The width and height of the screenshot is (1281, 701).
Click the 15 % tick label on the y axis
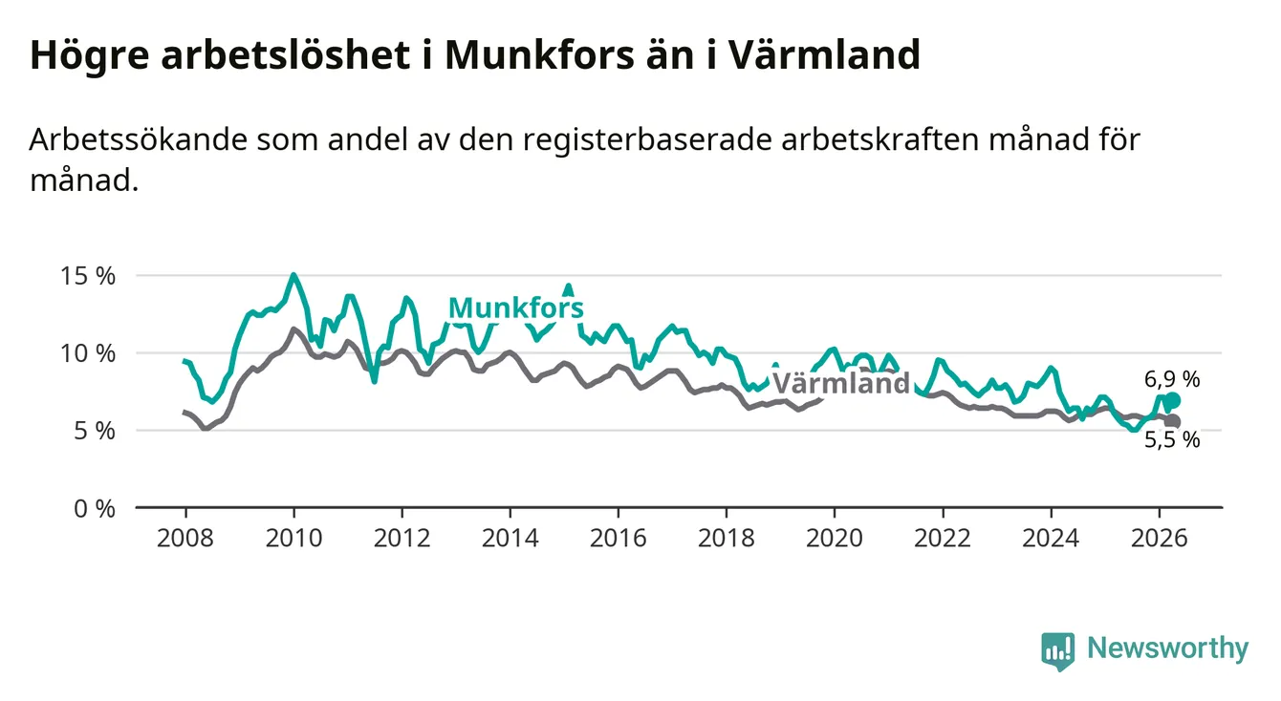pyautogui.click(x=88, y=276)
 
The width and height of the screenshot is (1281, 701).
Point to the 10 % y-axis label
pyautogui.click(x=88, y=353)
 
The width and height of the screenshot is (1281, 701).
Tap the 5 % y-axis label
pyautogui.click(x=95, y=432)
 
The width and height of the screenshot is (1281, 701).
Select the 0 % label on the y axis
pyautogui.click(x=95, y=508)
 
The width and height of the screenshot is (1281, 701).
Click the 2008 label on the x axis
pyautogui.click(x=185, y=539)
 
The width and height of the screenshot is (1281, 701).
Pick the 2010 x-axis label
pyautogui.click(x=293, y=539)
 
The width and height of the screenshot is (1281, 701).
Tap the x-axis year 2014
pyautogui.click(x=510, y=539)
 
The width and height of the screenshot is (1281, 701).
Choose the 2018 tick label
pyautogui.click(x=727, y=539)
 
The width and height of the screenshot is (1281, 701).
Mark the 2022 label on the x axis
pyautogui.click(x=943, y=539)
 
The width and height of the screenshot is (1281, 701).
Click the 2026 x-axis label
pyautogui.click(x=1160, y=539)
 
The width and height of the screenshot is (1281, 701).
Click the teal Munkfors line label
pyautogui.click(x=516, y=308)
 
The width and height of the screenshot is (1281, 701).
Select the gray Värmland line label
pyautogui.click(x=841, y=382)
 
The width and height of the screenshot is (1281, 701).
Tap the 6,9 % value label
pyautogui.click(x=1172, y=379)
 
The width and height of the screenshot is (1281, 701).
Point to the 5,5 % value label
pyautogui.click(x=1172, y=440)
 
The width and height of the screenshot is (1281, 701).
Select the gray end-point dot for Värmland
pyautogui.click(x=1173, y=422)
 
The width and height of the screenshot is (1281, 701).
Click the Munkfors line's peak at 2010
pyautogui.click(x=293, y=275)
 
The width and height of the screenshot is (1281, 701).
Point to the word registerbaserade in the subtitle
pyautogui.click(x=647, y=140)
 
